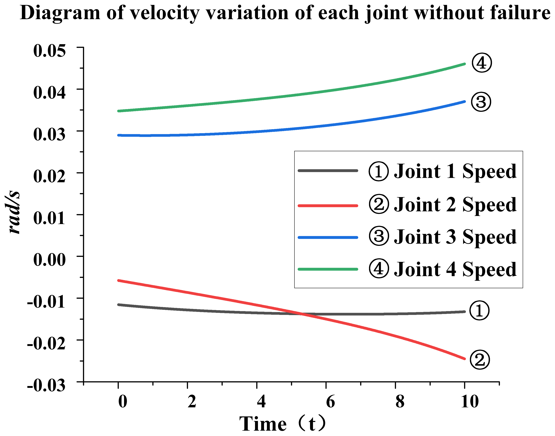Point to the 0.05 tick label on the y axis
pyautogui.click(x=49, y=51)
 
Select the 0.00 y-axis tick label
pyautogui.click(x=49, y=260)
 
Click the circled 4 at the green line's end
pyautogui.click(x=481, y=63)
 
